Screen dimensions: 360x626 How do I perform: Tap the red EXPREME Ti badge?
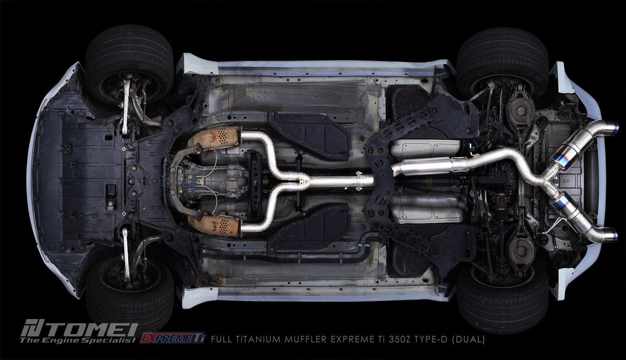click(172, 338)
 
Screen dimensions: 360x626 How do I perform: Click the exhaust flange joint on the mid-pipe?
click(359, 180)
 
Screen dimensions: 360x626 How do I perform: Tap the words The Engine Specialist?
click(78, 340)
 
